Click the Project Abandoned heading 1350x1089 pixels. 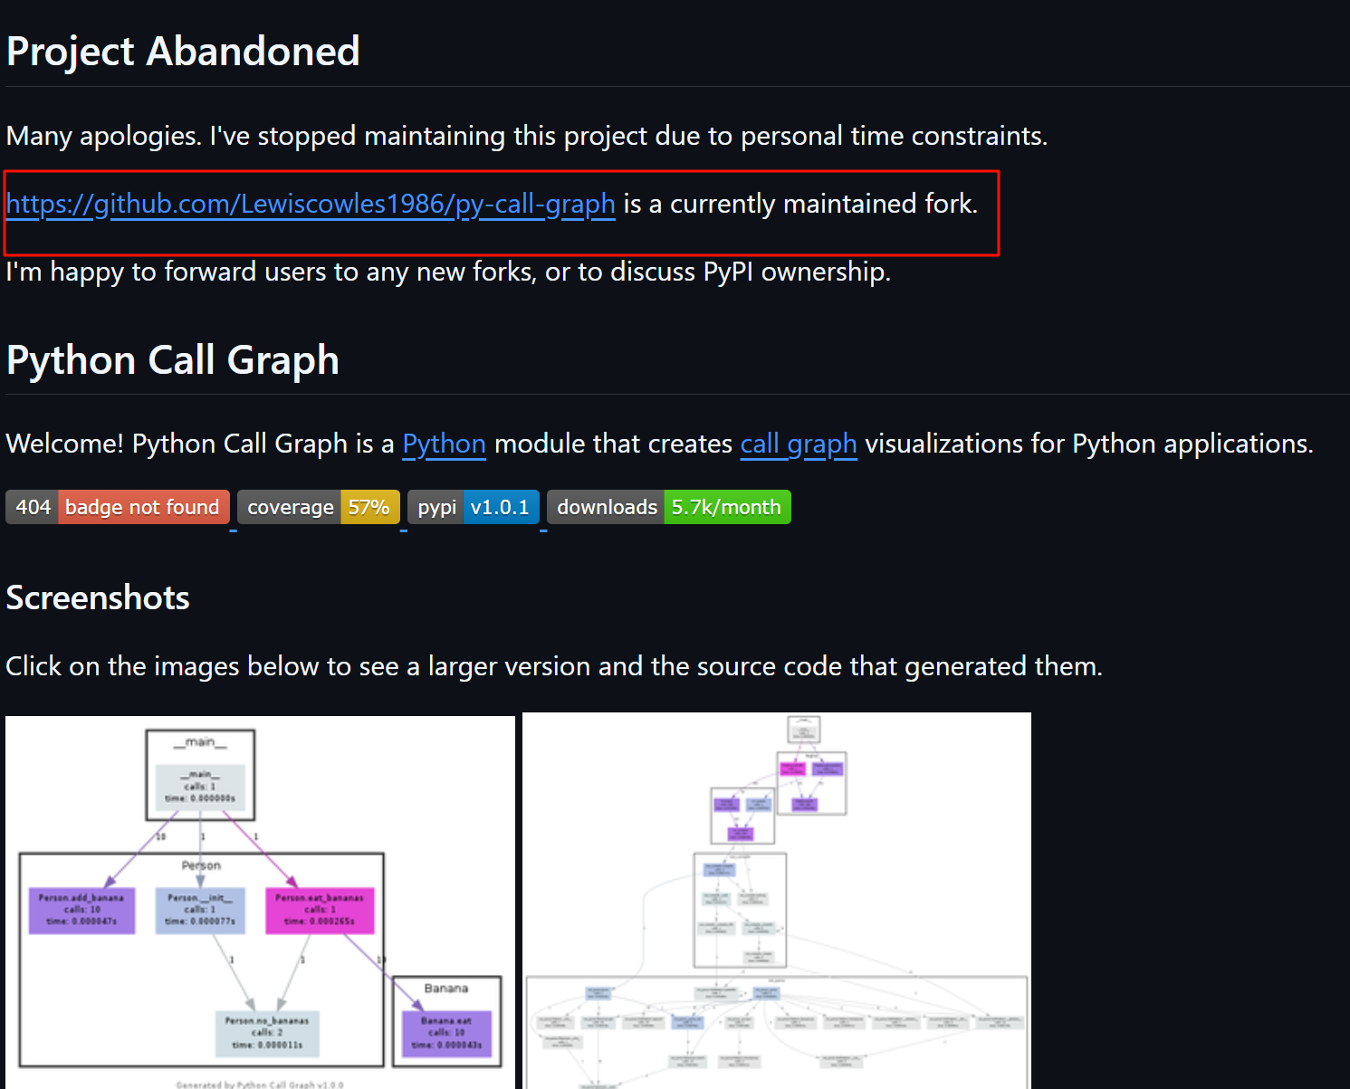coord(183,52)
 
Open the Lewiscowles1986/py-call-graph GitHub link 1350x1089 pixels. coord(311,205)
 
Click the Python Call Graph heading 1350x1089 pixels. coord(173,360)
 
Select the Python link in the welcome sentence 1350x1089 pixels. coord(444,444)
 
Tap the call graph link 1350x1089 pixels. coord(798,444)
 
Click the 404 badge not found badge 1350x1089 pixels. coord(118,507)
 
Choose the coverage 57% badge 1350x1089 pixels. coord(318,507)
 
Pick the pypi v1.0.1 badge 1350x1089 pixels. coord(474,507)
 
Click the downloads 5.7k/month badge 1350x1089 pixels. coord(668,507)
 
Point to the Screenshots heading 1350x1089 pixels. coord(98,598)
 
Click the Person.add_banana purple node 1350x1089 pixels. coord(81,910)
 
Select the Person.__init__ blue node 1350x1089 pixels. coord(200,910)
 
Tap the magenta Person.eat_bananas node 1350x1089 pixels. coord(319,910)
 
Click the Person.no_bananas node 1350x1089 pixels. coord(267,1033)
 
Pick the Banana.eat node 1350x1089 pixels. coord(446,1033)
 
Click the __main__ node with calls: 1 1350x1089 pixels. coord(200,786)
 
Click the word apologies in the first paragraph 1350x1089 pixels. coord(140,137)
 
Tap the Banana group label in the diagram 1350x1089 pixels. coord(446,989)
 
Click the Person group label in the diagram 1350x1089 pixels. coord(201,865)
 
